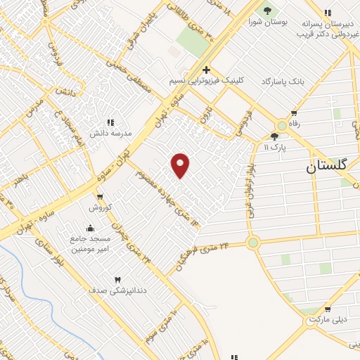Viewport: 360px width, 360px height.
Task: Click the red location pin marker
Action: [181, 165]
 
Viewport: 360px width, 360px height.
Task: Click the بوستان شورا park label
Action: [264, 22]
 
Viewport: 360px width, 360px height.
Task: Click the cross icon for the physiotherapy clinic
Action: [205, 69]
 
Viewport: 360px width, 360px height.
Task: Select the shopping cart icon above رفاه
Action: [293, 113]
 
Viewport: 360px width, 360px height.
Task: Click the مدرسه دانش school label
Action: [106, 132]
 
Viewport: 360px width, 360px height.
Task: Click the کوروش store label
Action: [100, 207]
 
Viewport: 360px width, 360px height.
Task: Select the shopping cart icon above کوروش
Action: [100, 197]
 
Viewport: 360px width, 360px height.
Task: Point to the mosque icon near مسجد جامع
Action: [90, 228]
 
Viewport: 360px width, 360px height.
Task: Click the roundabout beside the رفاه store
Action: [282, 125]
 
